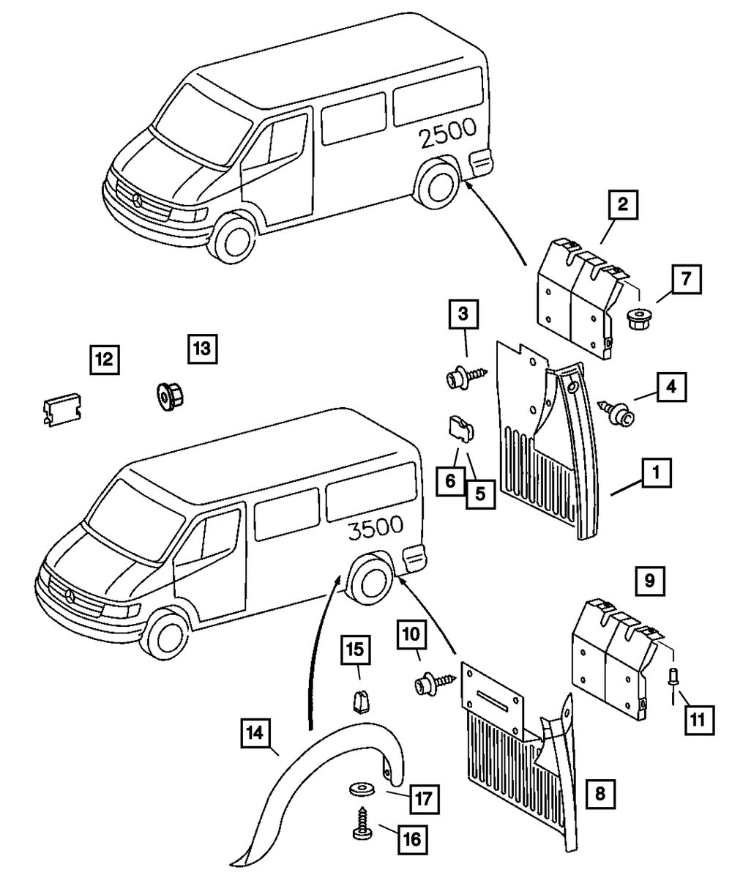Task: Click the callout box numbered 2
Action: click(622, 206)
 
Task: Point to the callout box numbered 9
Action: click(649, 581)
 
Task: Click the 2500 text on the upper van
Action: click(448, 133)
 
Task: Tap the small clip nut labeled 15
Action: click(359, 702)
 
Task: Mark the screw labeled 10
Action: click(433, 684)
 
